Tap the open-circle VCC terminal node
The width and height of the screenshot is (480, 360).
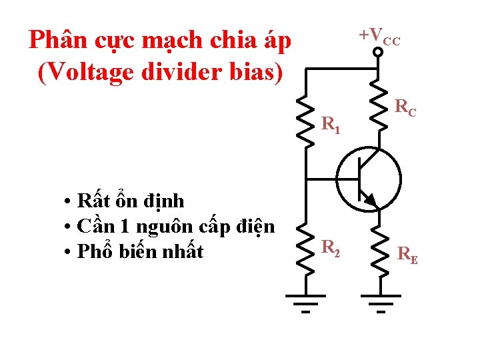click(x=377, y=52)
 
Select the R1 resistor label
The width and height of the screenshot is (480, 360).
click(x=331, y=125)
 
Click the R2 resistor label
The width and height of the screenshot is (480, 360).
click(x=331, y=248)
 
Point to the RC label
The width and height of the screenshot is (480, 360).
click(x=405, y=107)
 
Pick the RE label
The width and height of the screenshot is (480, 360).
click(x=407, y=254)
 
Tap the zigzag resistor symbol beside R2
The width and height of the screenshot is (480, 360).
click(x=306, y=247)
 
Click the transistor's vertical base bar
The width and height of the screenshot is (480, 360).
click(x=357, y=177)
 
